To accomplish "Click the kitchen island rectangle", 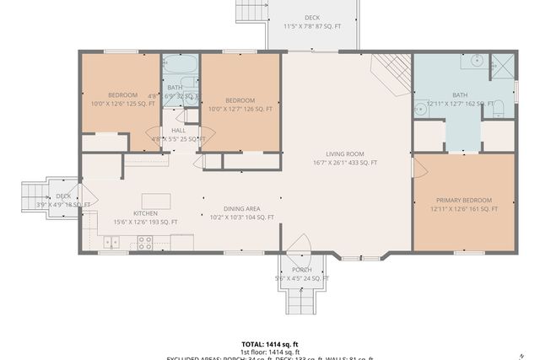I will [156, 201].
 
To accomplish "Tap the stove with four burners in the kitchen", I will [144, 243].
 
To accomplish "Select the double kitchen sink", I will [111, 243].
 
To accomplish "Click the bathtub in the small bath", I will [179, 64].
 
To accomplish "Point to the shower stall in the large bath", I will [503, 66].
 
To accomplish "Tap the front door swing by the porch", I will [298, 244].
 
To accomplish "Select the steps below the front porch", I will [300, 298].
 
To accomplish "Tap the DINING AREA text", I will [241, 208].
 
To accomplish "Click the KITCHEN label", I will [145, 213].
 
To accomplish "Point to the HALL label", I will [178, 131].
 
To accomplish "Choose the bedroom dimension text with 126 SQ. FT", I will [241, 109].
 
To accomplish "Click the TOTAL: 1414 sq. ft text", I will [269, 344].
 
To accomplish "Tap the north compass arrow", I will [522, 355].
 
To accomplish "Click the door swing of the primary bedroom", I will [413, 166].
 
